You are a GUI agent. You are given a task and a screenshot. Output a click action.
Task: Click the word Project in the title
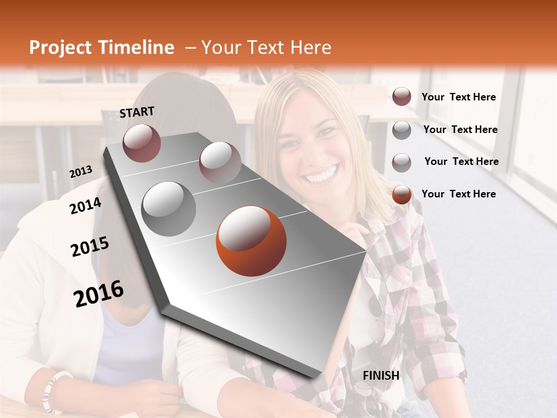(x=60, y=48)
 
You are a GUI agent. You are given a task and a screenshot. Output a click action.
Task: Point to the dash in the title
(x=190, y=48)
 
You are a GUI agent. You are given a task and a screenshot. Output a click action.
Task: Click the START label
(x=137, y=112)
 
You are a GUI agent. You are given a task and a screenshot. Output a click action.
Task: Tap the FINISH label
(x=381, y=376)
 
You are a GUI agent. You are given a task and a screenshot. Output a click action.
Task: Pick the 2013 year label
(x=81, y=171)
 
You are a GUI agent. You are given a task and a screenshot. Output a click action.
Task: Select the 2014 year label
(x=86, y=206)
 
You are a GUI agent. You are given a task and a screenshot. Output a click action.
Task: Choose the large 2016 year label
(x=99, y=294)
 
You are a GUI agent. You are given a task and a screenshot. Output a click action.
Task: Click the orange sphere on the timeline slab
(x=251, y=241)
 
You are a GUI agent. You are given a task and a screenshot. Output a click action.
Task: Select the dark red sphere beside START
(x=142, y=143)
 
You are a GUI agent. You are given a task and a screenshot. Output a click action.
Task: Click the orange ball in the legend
(x=402, y=194)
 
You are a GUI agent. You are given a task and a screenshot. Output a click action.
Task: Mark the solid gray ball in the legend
(x=402, y=130)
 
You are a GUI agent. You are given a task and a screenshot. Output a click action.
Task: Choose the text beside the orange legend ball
(x=458, y=194)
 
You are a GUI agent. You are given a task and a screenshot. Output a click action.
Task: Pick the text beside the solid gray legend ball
(x=460, y=129)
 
